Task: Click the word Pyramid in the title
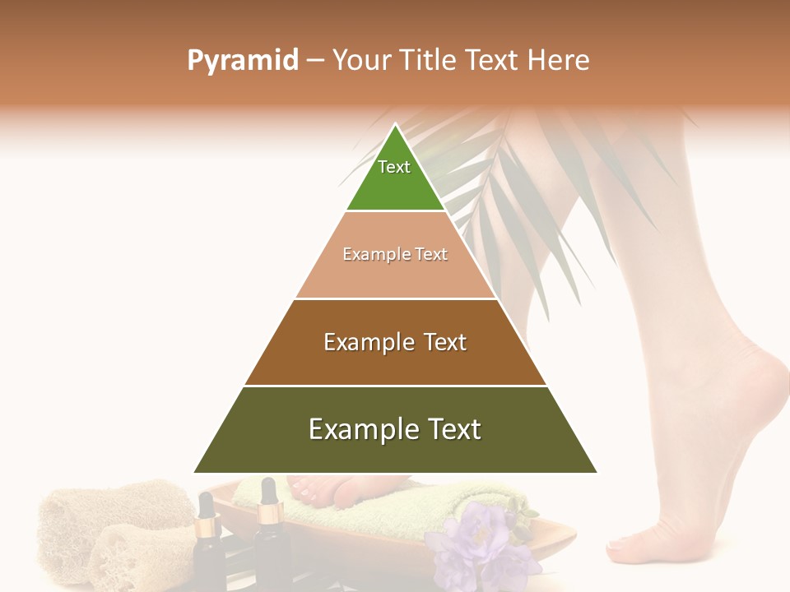point(243,61)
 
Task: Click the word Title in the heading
point(430,61)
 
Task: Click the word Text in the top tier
point(394,167)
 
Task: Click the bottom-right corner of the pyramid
point(597,472)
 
